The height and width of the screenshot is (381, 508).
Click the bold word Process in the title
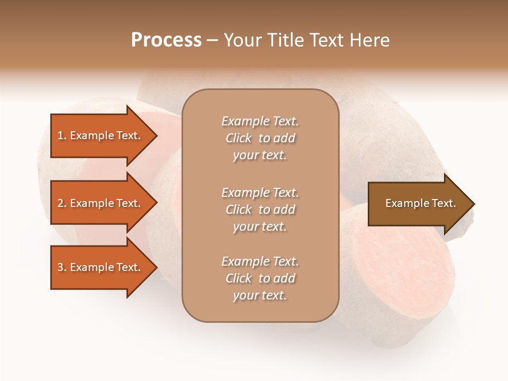(166, 40)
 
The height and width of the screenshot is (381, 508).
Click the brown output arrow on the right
(420, 204)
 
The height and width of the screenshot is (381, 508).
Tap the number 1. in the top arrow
(61, 135)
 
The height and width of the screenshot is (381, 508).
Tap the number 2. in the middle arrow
(61, 203)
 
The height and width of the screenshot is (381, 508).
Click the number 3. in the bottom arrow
(61, 267)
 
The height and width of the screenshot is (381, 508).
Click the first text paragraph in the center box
(260, 138)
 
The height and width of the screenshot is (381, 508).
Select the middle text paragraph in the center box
(260, 210)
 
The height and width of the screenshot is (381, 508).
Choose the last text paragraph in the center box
(260, 278)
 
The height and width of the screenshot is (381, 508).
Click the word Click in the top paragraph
(239, 138)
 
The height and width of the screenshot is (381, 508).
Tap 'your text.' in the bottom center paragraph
(260, 295)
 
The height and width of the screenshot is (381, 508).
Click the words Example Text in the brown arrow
(420, 203)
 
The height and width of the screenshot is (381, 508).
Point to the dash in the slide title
(212, 41)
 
